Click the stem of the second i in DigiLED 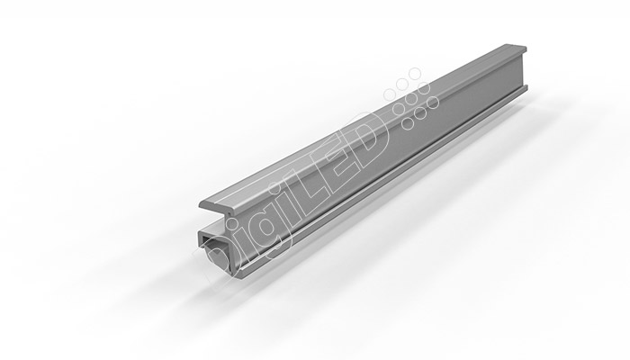click(292, 213)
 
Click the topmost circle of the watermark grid click(415, 74)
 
